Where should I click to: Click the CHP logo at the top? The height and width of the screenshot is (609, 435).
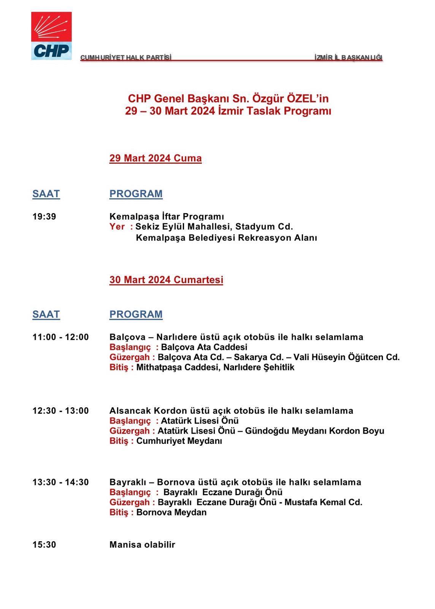pyautogui.click(x=51, y=36)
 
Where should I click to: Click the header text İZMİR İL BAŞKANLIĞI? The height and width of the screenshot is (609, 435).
pyautogui.click(x=348, y=57)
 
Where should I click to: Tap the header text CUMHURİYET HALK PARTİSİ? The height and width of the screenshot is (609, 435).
pyautogui.click(x=126, y=57)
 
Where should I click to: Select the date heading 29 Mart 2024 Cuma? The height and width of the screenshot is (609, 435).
pyautogui.click(x=155, y=158)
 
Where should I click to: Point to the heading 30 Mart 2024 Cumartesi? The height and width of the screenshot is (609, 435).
pyautogui.click(x=166, y=280)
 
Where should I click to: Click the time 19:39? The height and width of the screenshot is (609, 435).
pyautogui.click(x=44, y=217)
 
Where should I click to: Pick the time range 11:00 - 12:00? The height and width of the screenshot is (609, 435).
pyautogui.click(x=60, y=337)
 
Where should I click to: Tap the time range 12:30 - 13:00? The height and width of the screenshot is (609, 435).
pyautogui.click(x=60, y=411)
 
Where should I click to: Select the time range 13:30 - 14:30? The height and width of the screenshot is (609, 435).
pyautogui.click(x=60, y=482)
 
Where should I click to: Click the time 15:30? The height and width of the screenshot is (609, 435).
pyautogui.click(x=44, y=545)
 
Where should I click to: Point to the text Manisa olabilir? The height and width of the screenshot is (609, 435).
pyautogui.click(x=142, y=545)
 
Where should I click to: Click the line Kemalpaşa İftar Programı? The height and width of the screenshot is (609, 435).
pyautogui.click(x=167, y=217)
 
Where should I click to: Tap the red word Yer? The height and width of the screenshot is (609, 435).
pyautogui.click(x=117, y=227)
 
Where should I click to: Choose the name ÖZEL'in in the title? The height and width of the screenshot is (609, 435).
pyautogui.click(x=308, y=99)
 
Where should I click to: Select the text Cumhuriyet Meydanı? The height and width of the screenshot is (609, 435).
pyautogui.click(x=179, y=441)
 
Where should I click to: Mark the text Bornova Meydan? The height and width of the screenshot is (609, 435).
pyautogui.click(x=171, y=512)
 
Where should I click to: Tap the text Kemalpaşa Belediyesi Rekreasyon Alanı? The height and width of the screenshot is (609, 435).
pyautogui.click(x=226, y=238)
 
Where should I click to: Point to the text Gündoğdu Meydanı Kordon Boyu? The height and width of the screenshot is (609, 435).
pyautogui.click(x=314, y=431)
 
